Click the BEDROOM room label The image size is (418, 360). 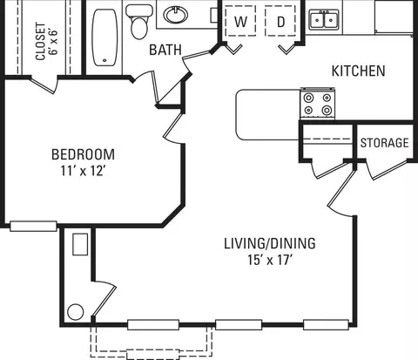click(83, 154)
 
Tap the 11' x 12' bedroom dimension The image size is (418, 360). click(83, 171)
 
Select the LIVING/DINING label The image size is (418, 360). click(270, 243)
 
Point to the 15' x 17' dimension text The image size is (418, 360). click(270, 260)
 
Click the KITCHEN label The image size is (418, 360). click(359, 71)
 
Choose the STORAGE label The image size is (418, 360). click(384, 143)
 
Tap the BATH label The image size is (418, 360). click(165, 50)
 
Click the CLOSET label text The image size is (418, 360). click(41, 41)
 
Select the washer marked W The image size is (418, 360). click(240, 21)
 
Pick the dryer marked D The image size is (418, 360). click(280, 21)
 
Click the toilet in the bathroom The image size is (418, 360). click(139, 22)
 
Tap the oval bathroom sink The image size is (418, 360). click(175, 14)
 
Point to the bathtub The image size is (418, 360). click(105, 37)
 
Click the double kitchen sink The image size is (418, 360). click(324, 20)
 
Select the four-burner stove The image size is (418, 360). click(318, 103)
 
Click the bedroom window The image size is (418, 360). click(33, 226)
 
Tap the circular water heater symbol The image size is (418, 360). click(76, 312)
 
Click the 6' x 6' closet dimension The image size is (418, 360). click(54, 42)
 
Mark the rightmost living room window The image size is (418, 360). click(326, 324)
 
